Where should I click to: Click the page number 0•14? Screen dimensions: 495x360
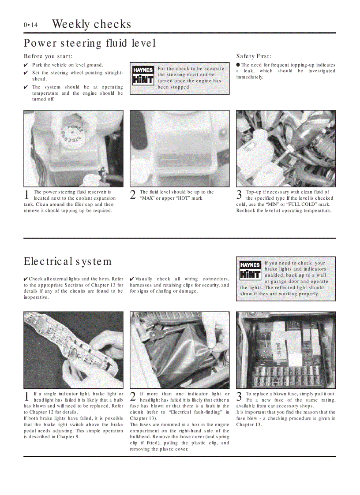click(30, 25)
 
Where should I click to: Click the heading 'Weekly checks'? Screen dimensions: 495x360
click(91, 24)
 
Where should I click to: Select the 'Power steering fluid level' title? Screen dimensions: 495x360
click(90, 43)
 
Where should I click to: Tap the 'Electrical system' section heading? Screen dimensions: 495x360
click(67, 261)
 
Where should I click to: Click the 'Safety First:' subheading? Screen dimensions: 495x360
click(254, 56)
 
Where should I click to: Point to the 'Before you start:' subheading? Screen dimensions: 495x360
click(48, 56)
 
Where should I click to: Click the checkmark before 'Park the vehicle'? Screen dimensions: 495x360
click(26, 65)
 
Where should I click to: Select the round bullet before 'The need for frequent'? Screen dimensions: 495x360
click(238, 65)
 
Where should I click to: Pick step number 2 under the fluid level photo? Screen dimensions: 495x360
click(133, 195)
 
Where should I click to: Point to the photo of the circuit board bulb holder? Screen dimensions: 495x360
click(73, 349)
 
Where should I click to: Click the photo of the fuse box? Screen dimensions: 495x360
click(286, 349)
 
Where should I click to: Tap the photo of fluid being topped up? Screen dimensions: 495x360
click(286, 149)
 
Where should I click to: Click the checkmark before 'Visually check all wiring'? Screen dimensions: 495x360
click(132, 279)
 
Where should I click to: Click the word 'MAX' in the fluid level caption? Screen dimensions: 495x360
click(147, 198)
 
